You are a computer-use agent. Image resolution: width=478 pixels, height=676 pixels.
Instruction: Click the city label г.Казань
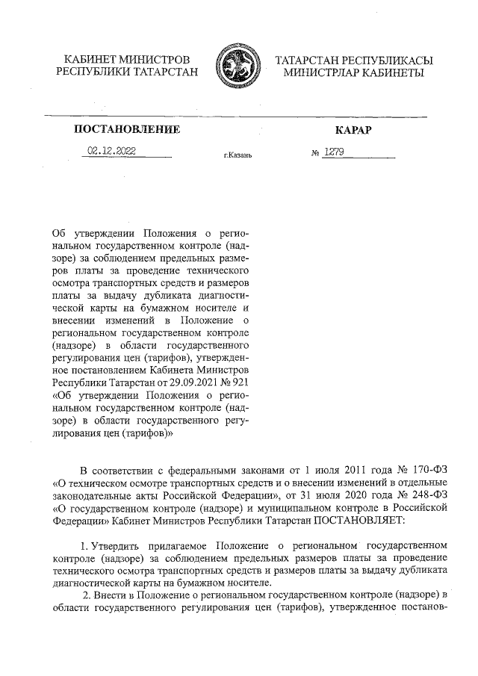[x=239, y=155]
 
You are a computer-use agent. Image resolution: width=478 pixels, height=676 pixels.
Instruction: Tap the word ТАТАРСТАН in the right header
[x=308, y=59]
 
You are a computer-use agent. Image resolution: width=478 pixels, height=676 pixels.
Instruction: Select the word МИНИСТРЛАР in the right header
[x=319, y=72]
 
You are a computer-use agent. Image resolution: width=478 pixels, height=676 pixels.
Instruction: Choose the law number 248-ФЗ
[x=426, y=494]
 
